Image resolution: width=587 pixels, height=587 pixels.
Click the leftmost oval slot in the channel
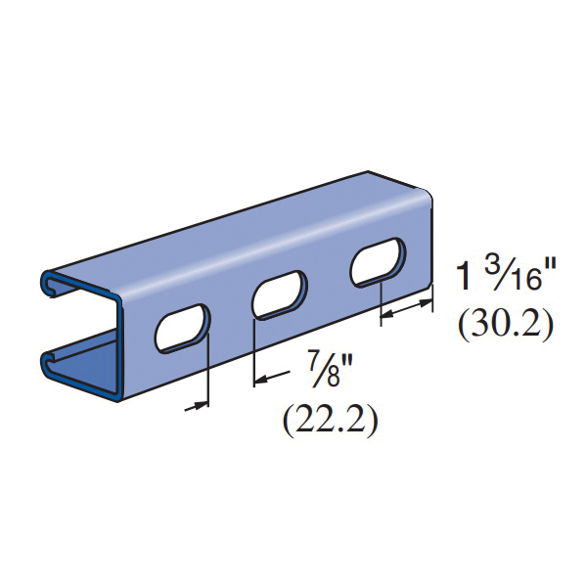[x=183, y=329]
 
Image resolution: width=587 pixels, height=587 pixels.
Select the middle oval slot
[x=280, y=295]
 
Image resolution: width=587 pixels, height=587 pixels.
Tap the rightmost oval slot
[x=378, y=262]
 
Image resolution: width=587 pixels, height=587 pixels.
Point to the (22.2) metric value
[x=331, y=422]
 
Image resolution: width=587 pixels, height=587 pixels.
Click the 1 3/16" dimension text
[x=506, y=276]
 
